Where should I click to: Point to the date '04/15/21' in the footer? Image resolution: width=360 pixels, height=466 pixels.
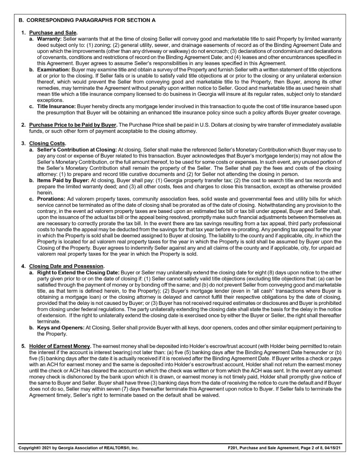(332, 448)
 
